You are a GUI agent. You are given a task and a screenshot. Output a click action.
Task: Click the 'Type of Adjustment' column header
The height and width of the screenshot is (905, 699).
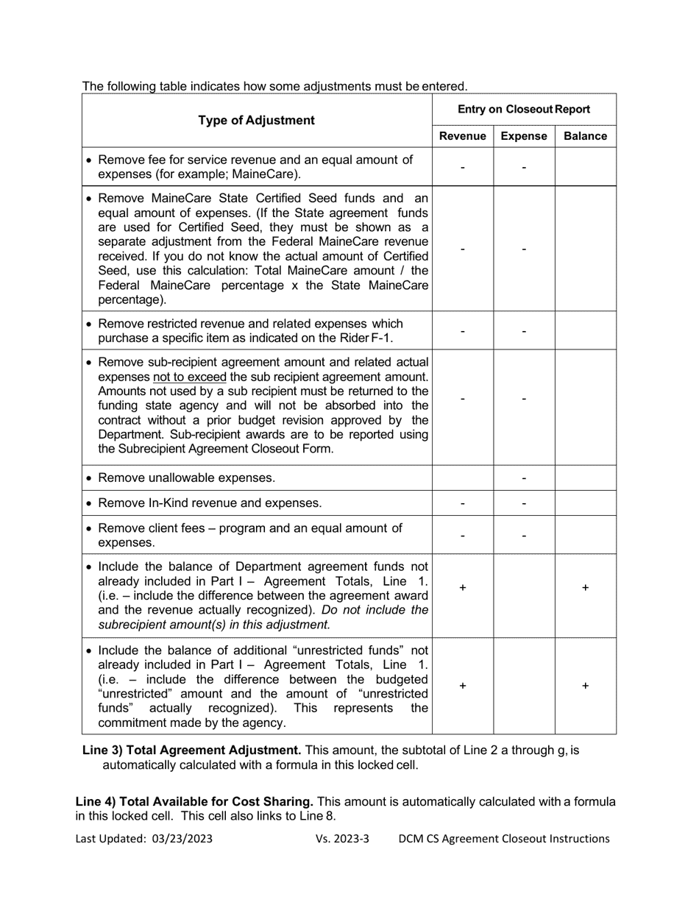point(257,121)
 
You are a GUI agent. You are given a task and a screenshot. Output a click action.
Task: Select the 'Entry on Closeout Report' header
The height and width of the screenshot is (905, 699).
point(523,110)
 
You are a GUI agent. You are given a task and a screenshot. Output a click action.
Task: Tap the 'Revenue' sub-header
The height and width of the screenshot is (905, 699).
point(462,136)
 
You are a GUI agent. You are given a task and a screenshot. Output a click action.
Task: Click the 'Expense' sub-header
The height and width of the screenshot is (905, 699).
point(523,136)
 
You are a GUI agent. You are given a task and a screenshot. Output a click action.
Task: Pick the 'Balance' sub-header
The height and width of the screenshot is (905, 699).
point(585,136)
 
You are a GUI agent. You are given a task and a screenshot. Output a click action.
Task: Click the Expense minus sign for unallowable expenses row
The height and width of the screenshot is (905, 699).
point(523,478)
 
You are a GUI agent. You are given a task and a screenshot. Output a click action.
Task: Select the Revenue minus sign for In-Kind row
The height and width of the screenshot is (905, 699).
point(462,503)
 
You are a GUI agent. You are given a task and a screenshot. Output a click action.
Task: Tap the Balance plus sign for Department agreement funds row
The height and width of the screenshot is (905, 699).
point(585,587)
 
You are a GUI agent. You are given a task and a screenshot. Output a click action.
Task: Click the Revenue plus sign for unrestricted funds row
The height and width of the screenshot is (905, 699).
point(462,686)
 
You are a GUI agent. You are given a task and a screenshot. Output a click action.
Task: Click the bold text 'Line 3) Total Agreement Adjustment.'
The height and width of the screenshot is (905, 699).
point(191,750)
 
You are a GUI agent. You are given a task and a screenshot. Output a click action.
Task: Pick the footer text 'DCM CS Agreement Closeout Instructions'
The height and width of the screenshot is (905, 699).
point(504,839)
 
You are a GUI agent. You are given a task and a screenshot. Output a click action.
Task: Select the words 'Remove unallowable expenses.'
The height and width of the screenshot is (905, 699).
point(186,478)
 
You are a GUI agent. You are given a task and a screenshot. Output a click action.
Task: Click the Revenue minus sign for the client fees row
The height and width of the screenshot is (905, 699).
point(462,536)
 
